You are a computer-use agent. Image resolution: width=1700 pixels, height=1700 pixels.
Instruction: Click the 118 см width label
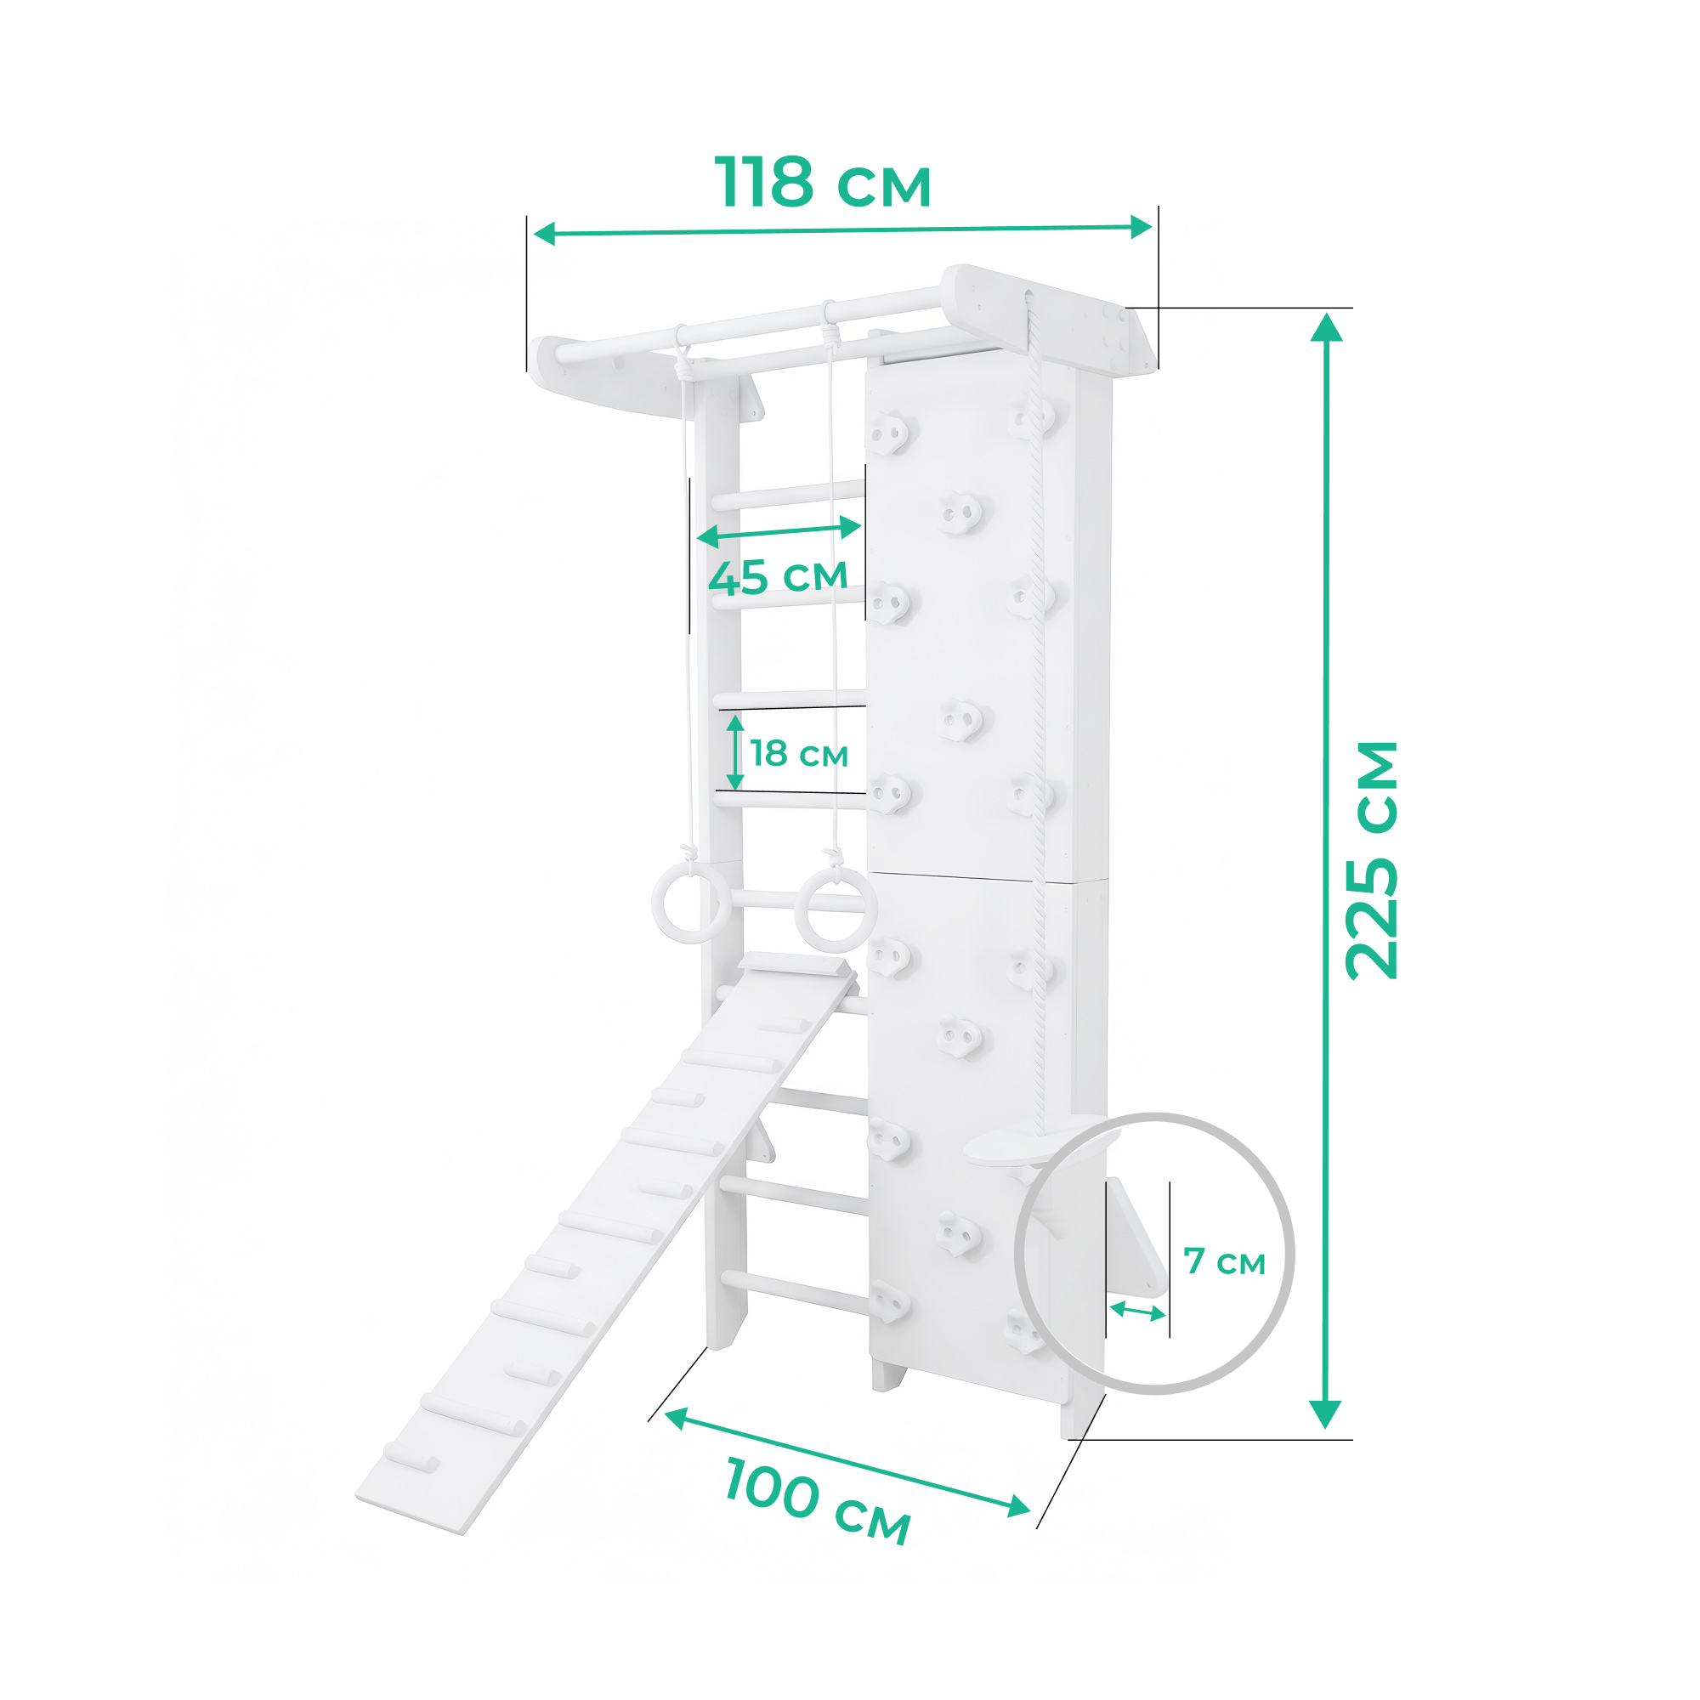(822, 183)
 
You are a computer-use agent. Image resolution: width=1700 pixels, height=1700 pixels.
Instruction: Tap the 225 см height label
(1373, 860)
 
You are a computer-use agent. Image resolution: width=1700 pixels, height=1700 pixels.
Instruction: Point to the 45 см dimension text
(778, 577)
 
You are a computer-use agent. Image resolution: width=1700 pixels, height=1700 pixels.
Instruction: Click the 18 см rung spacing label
(799, 754)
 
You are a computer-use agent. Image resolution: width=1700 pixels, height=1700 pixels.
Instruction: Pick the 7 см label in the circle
(1225, 1261)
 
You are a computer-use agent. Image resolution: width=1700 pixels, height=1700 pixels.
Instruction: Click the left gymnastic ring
(691, 903)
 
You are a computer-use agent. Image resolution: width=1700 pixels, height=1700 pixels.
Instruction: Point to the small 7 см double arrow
(1138, 1311)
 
